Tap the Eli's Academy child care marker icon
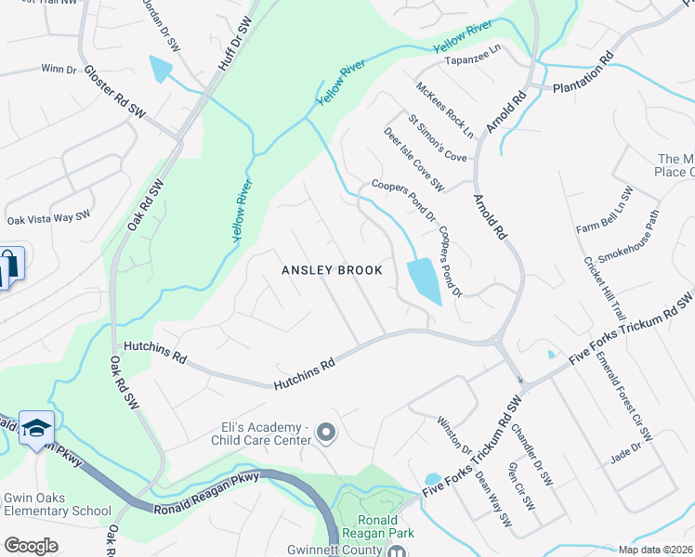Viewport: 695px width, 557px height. pos(326,433)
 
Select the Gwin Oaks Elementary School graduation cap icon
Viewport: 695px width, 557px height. pos(36,427)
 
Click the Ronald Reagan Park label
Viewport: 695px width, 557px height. pos(377,526)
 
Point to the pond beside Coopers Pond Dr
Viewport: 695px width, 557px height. pos(424,279)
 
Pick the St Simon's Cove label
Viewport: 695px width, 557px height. pos(437,138)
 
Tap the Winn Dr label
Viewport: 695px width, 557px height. pos(58,69)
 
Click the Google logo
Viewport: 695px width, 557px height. pos(31,546)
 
